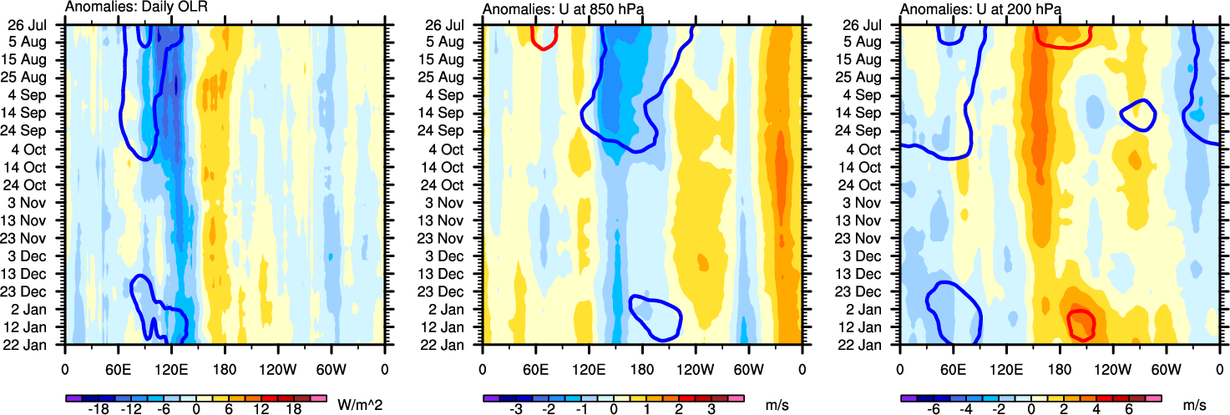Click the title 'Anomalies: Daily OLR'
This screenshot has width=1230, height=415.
click(x=136, y=8)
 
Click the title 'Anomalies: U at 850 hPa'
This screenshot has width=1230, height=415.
click(x=566, y=8)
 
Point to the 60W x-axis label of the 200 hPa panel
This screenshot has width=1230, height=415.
click(x=1166, y=367)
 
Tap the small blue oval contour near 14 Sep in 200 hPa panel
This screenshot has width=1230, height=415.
click(x=1137, y=115)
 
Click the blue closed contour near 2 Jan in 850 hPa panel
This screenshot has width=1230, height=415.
click(x=656, y=317)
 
